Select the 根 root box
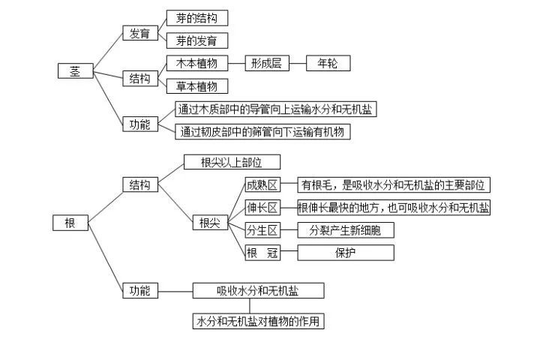[x=70, y=222]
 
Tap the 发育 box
[x=139, y=33]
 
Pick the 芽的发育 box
[x=196, y=40]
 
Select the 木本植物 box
[x=196, y=64]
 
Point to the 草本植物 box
[x=196, y=85]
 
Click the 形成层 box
[x=266, y=64]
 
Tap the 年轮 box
[x=328, y=64]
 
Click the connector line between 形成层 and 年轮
[x=297, y=64]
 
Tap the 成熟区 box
[x=262, y=184]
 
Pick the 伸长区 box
[x=262, y=208]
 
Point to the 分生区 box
[x=262, y=230]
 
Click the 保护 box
[x=345, y=253]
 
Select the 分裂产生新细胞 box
[x=345, y=230]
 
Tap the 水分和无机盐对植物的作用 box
[x=259, y=321]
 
